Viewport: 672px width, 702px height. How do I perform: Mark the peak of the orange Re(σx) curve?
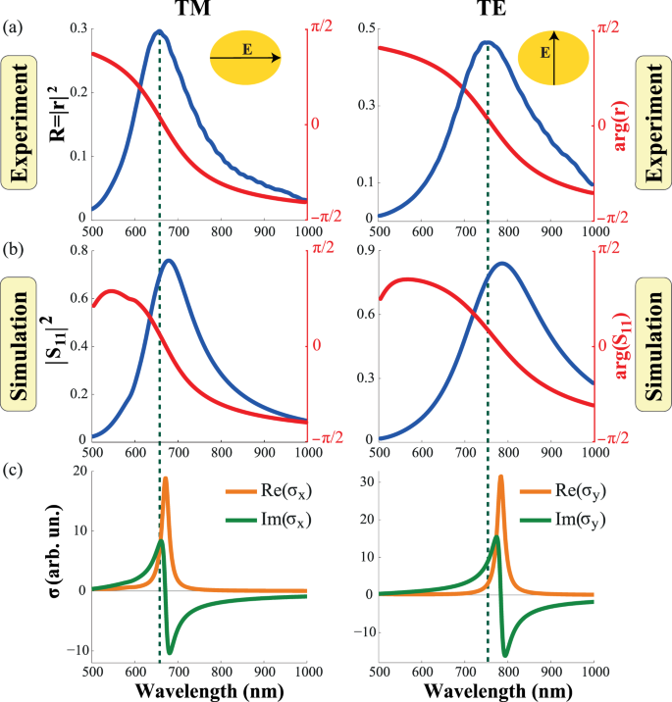click(x=166, y=478)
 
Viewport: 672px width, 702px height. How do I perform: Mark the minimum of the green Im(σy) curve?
click(x=506, y=655)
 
